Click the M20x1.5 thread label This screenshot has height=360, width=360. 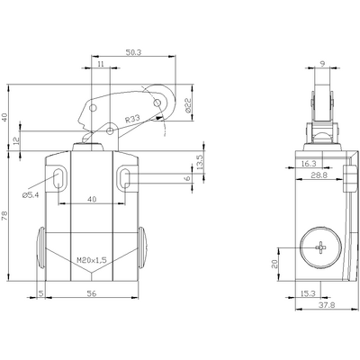pos(90,260)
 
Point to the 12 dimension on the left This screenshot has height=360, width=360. pos(17,140)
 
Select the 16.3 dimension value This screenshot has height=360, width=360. pos(307,164)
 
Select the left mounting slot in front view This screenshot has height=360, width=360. pos(58,177)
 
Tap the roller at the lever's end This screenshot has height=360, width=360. pos(158,105)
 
